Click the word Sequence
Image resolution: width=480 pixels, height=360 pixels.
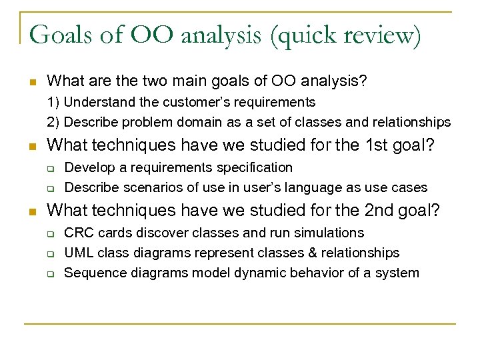pyautogui.click(x=93, y=273)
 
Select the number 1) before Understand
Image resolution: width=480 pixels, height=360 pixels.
pyautogui.click(x=53, y=103)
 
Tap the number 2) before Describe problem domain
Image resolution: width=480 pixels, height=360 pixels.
pyautogui.click(x=53, y=123)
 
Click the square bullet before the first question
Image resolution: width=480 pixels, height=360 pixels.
pyautogui.click(x=31, y=82)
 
